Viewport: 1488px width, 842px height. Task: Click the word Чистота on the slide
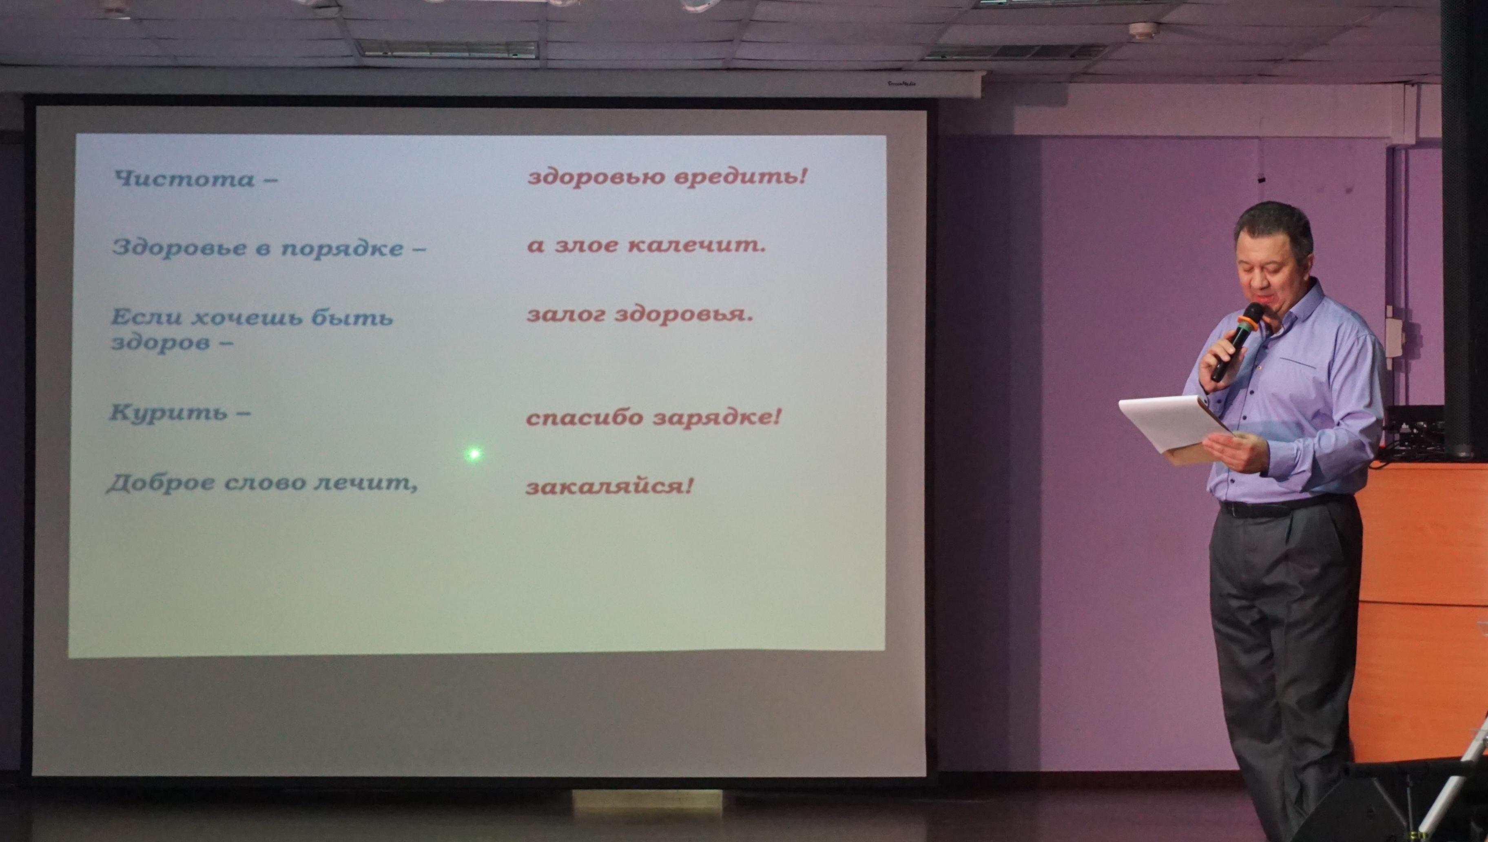[184, 178]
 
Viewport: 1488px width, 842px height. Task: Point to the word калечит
[697, 245]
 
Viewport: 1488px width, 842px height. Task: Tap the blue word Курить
[168, 413]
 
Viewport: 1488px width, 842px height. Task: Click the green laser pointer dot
[474, 454]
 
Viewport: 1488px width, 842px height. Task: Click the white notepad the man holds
[1174, 425]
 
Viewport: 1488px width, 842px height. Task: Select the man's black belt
[1283, 507]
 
